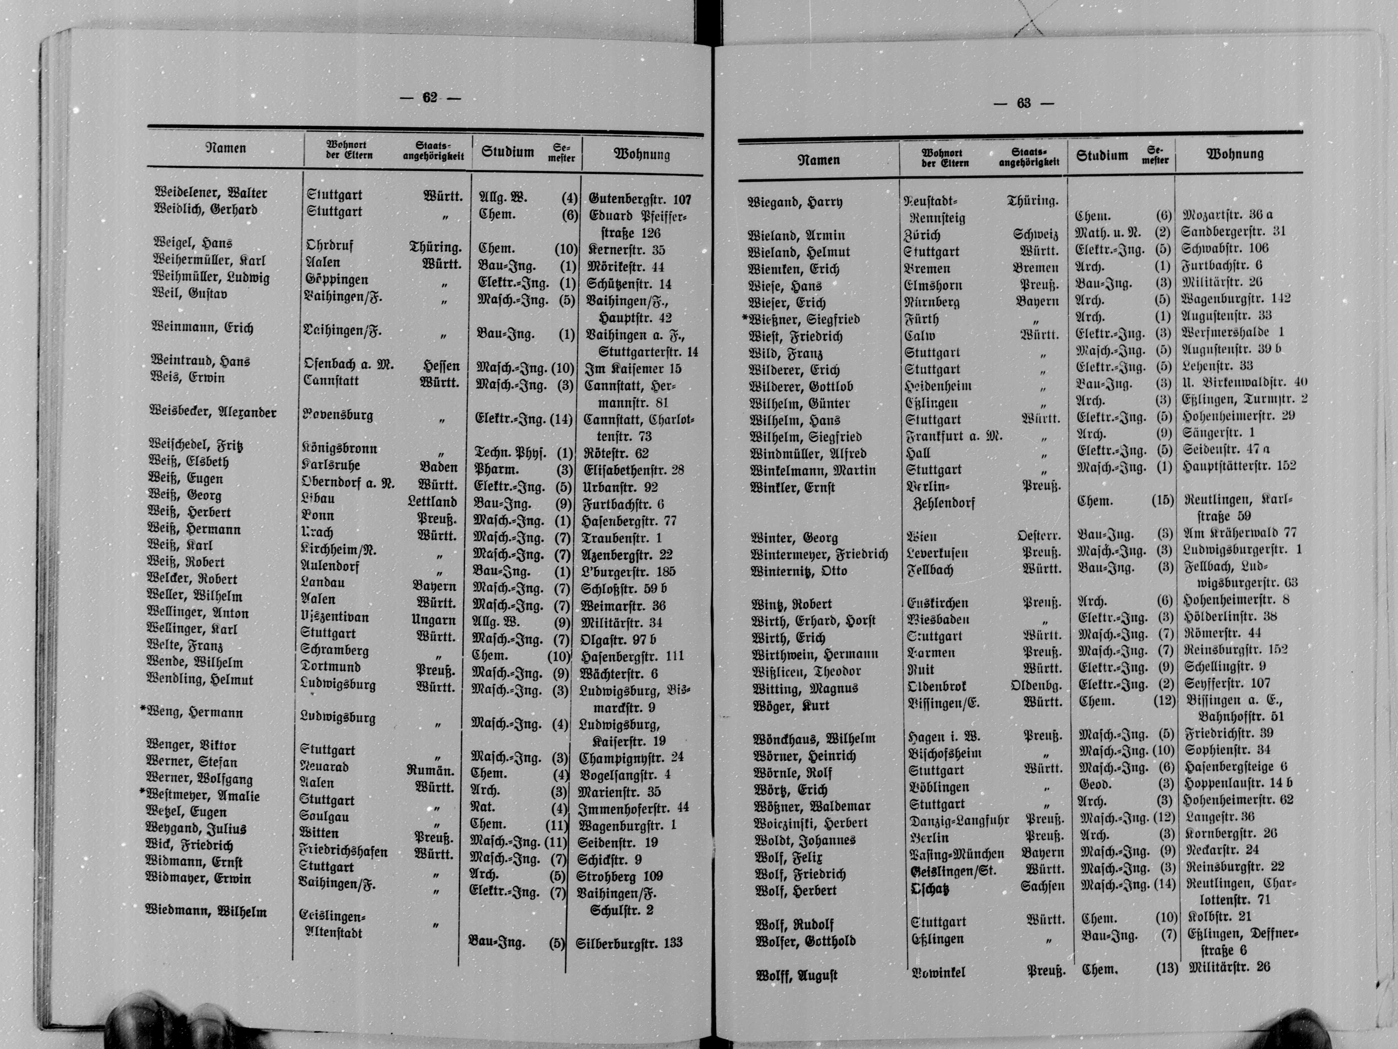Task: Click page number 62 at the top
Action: pos(430,98)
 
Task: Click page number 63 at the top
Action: pos(1024,104)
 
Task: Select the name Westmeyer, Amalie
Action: pos(203,796)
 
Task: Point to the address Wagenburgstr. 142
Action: pos(1236,299)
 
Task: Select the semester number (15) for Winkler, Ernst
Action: pos(1162,500)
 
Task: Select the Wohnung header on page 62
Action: pos(641,154)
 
